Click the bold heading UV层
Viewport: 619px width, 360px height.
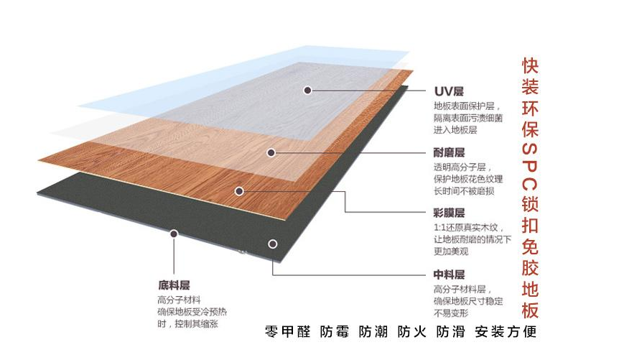pos(449,92)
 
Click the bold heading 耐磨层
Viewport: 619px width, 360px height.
pos(449,153)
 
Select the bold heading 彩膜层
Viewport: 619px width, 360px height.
pos(449,213)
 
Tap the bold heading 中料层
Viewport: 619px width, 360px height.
pos(449,274)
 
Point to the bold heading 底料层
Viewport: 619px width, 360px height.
pos(173,285)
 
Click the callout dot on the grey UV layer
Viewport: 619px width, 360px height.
pos(307,91)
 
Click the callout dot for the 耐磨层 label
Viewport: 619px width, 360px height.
pos(271,152)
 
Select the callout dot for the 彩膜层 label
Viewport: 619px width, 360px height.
pos(239,191)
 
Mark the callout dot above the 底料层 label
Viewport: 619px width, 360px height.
pos(173,234)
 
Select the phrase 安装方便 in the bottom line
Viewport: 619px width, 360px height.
pos(506,332)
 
